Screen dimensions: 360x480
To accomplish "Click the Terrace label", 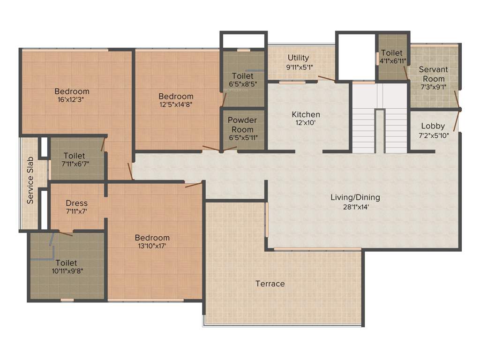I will pos(270,284).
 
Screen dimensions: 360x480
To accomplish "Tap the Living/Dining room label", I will pos(355,197).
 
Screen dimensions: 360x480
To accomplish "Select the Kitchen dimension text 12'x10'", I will pos(306,123).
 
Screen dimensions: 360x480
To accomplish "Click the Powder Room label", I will pos(242,125).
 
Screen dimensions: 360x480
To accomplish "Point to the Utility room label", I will pos(298,58).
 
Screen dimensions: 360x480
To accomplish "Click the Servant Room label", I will pos(434,74).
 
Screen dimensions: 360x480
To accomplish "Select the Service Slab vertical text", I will pos(30,180).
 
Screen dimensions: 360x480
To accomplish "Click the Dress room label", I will pos(76,203).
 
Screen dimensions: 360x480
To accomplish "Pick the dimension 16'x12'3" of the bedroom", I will pos(72,99).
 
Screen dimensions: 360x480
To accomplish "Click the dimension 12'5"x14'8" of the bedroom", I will pos(176,105).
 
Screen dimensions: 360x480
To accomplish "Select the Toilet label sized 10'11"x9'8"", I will pos(66,263).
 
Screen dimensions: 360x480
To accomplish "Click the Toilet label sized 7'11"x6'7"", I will pos(75,155).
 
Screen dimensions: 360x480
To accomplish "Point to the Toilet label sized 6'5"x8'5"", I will pos(243,76).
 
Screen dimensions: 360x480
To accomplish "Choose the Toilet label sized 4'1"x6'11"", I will pos(392,52).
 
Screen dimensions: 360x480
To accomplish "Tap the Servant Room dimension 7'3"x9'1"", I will pos(434,87).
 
